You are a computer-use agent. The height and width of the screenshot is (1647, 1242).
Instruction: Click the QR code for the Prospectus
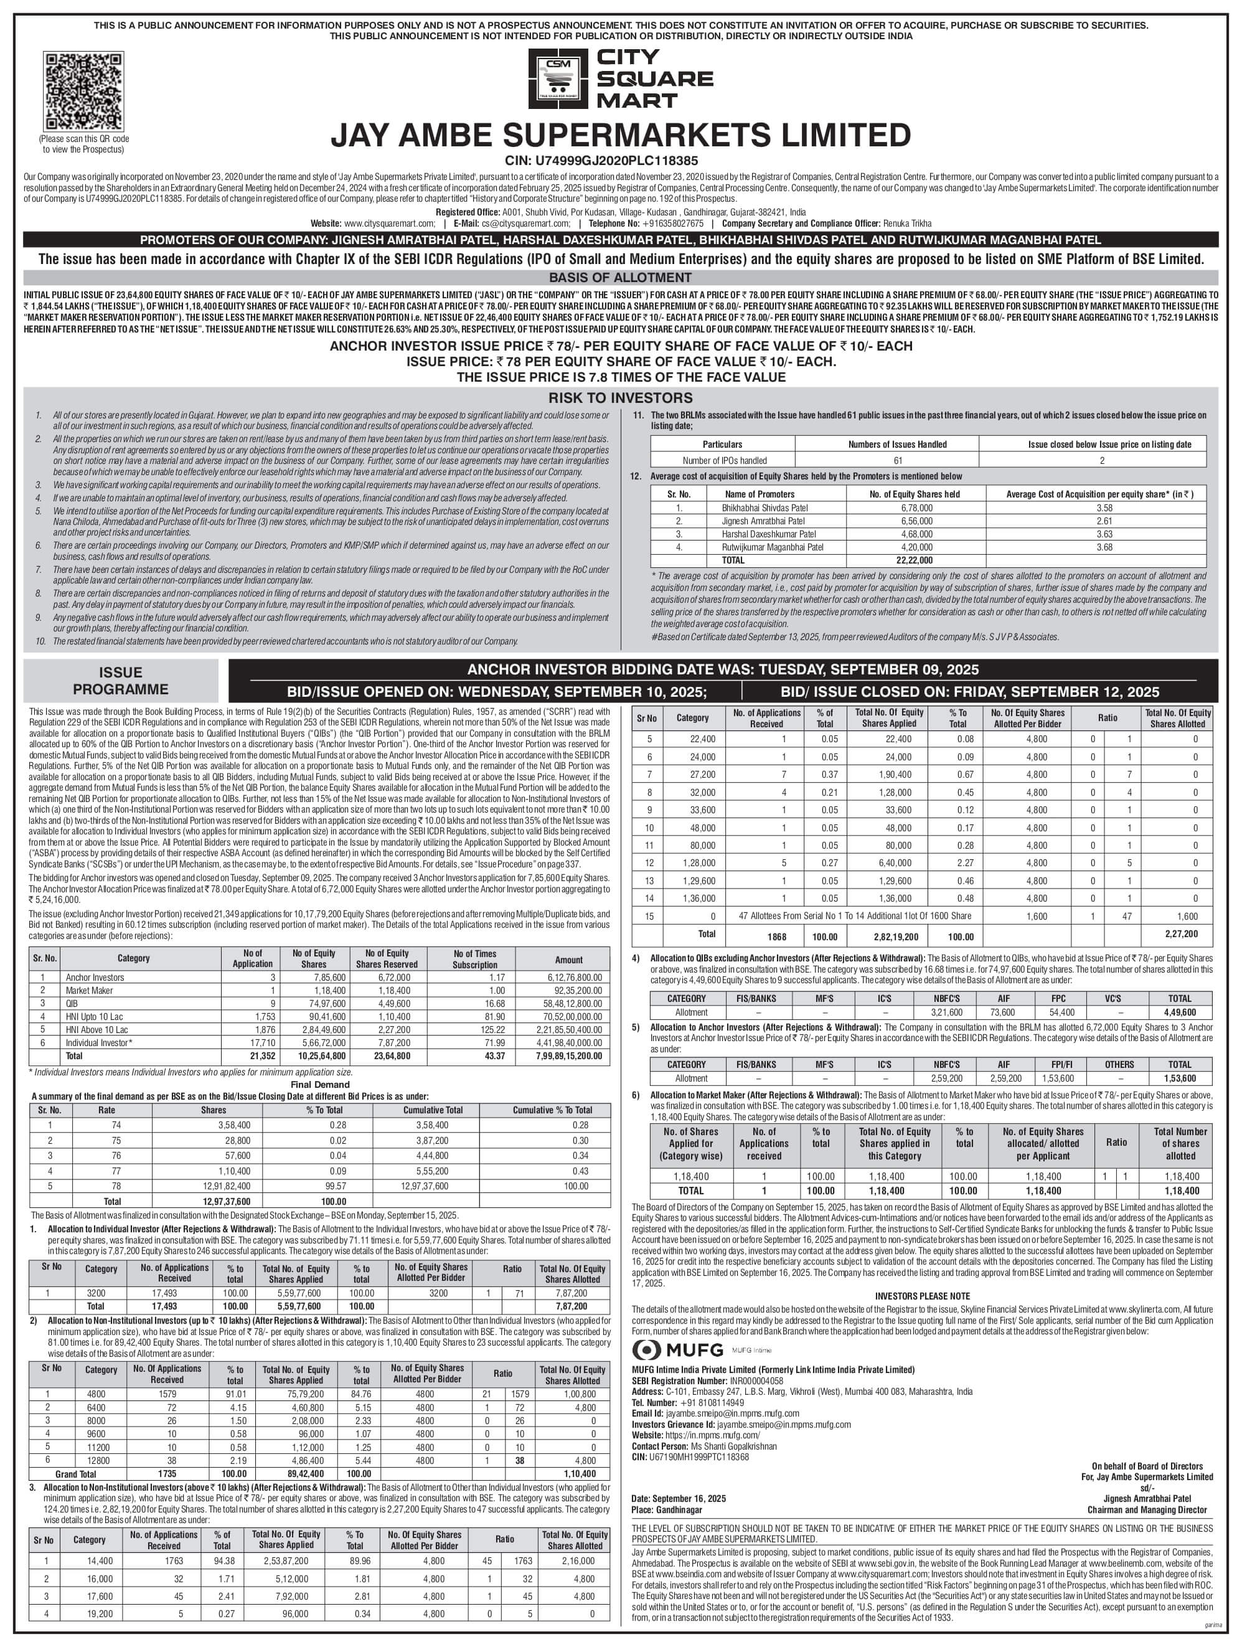[x=83, y=92]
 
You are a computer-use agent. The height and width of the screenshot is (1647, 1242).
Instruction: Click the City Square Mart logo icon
[x=558, y=78]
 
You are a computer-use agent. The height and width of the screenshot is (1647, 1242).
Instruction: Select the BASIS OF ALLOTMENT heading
[x=620, y=278]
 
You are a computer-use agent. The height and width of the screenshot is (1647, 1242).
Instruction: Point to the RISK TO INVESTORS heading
[x=620, y=398]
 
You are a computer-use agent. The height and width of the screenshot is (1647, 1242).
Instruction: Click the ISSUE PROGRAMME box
[x=121, y=681]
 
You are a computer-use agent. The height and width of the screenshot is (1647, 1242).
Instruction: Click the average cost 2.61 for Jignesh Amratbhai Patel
[x=1104, y=521]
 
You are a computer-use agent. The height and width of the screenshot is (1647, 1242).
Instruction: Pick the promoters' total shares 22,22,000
[x=915, y=560]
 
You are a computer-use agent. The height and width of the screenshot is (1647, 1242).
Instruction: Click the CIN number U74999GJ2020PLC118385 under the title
[x=620, y=160]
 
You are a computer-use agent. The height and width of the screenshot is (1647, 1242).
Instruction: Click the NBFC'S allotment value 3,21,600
[x=947, y=1012]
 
